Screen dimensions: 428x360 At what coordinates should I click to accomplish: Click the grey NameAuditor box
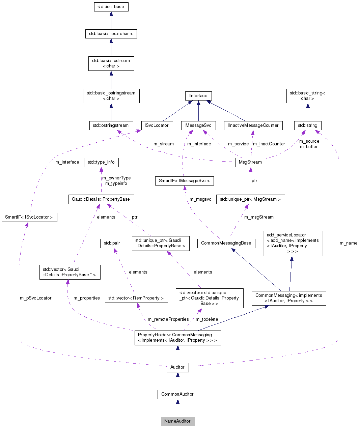coord(177,421)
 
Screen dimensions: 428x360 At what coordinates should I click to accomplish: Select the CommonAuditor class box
coord(177,394)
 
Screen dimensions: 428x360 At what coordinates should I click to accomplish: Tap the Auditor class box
coord(177,367)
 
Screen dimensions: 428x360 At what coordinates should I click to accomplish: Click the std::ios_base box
coord(111,7)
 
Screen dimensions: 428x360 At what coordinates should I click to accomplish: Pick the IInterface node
coord(198,96)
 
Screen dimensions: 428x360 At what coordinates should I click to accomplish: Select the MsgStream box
coord(250,162)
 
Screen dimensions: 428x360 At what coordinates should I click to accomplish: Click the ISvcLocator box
coord(157,125)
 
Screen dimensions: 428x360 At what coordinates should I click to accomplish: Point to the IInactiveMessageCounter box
coord(253,125)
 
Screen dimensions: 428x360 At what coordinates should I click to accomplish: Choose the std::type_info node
coord(101,162)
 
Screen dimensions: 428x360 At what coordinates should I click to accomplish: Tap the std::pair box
coord(112,243)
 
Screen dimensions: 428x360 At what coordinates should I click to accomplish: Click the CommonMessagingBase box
coord(226,243)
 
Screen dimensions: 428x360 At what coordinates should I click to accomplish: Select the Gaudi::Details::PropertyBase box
coord(101,199)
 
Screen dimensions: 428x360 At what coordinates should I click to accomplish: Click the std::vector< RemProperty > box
coord(136,298)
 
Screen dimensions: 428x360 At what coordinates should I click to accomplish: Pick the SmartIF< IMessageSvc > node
coord(184,181)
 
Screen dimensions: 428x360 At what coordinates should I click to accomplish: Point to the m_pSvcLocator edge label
coord(35,298)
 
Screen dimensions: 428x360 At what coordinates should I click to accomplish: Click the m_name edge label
coord(348,243)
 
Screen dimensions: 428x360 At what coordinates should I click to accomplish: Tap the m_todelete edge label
coord(207,319)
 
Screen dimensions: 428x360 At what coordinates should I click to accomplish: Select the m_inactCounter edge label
coord(269,144)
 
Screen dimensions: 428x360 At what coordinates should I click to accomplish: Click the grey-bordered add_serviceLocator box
coord(293,243)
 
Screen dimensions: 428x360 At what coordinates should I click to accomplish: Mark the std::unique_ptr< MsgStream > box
coord(250,199)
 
